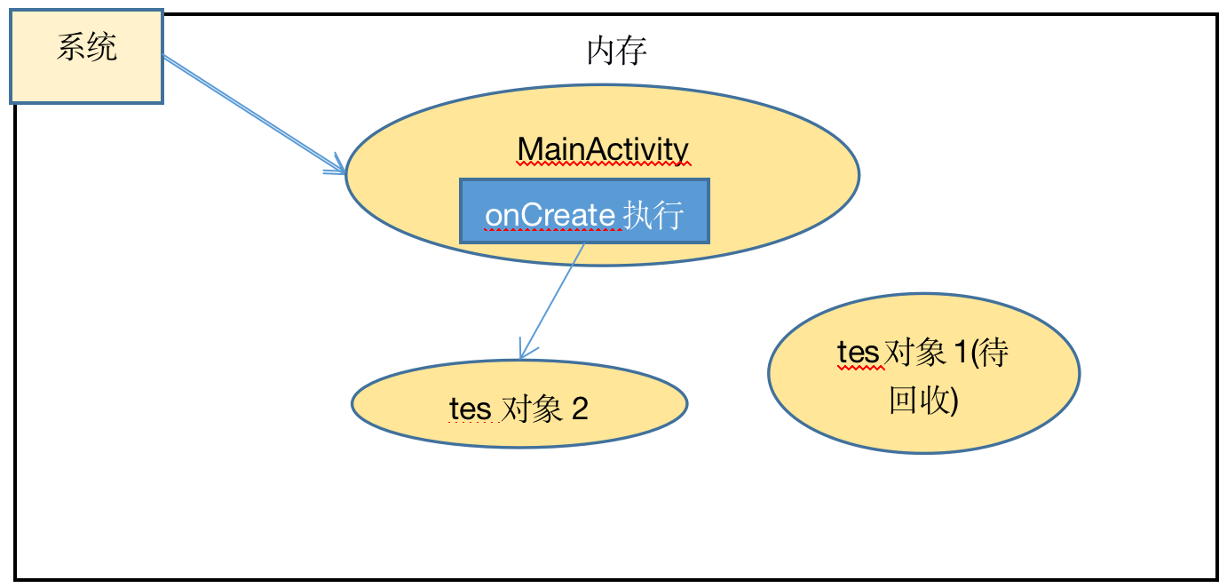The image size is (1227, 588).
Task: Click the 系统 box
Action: [86, 56]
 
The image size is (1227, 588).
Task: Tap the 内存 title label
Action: [616, 52]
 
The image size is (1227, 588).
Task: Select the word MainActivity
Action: [603, 149]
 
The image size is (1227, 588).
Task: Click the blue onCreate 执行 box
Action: [584, 211]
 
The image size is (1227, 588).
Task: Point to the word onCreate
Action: [550, 215]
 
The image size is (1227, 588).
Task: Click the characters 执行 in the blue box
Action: [653, 215]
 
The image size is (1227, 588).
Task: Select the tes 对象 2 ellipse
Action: [519, 404]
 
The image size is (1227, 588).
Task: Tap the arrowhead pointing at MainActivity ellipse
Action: [338, 168]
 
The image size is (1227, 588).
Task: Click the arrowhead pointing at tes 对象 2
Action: [525, 353]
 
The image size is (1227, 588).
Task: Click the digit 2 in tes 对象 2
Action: [579, 409]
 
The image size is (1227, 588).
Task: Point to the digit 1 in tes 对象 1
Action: [960, 354]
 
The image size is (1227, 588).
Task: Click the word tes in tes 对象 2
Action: [470, 409]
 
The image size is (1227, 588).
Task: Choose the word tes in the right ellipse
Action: [858, 354]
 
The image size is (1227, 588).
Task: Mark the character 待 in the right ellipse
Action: [993, 354]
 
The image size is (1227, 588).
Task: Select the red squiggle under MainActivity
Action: [603, 164]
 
